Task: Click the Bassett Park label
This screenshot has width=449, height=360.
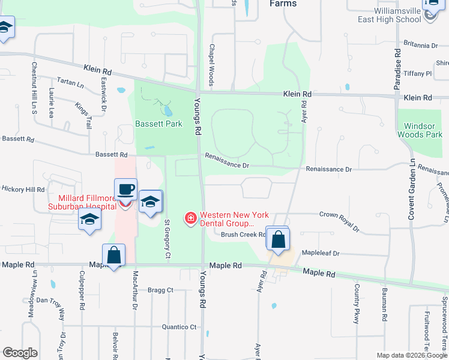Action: (x=158, y=124)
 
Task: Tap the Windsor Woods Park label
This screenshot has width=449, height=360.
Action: (x=420, y=131)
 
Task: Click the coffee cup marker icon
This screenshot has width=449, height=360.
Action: (x=126, y=190)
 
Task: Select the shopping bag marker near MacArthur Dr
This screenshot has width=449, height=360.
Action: (x=113, y=256)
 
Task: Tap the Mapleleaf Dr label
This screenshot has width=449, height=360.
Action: (x=321, y=253)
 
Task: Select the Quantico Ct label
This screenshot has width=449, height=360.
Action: (x=179, y=327)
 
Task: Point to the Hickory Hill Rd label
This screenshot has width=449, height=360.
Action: (x=23, y=189)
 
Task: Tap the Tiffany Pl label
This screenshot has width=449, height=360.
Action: (x=418, y=74)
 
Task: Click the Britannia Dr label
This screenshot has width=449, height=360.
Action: (x=421, y=45)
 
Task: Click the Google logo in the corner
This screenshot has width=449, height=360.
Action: (x=20, y=353)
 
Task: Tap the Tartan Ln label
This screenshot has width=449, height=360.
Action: (x=70, y=83)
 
